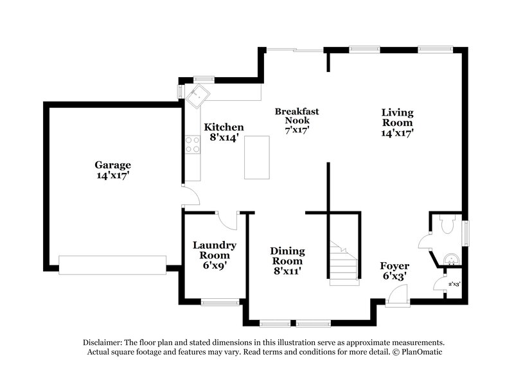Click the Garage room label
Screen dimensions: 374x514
(113, 170)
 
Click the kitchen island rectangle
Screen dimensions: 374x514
(257, 157)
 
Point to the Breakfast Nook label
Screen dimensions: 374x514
(297, 120)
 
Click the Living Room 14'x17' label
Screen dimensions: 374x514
(397, 122)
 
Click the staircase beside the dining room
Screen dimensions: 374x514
(343, 262)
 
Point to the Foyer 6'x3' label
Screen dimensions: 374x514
(394, 271)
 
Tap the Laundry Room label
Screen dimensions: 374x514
(215, 254)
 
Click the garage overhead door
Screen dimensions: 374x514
(112, 264)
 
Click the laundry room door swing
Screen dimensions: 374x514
(227, 220)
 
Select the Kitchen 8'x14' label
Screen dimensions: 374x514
(224, 132)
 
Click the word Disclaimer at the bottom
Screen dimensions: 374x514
(103, 343)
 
